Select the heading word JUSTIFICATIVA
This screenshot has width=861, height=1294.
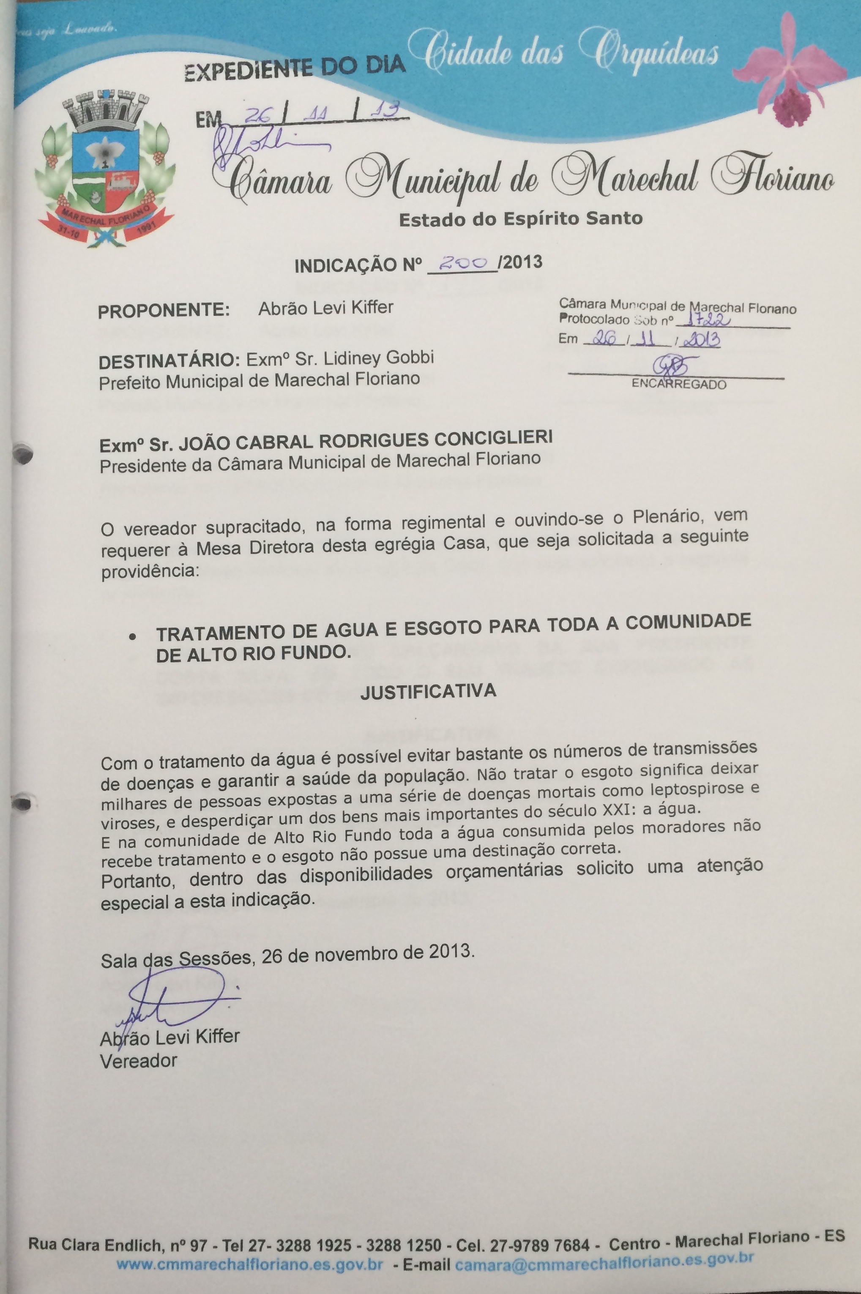(x=428, y=691)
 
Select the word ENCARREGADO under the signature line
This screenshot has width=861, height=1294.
(x=679, y=384)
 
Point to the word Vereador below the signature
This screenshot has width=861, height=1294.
(x=138, y=1061)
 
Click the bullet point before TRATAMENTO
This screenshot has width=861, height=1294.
(x=132, y=637)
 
